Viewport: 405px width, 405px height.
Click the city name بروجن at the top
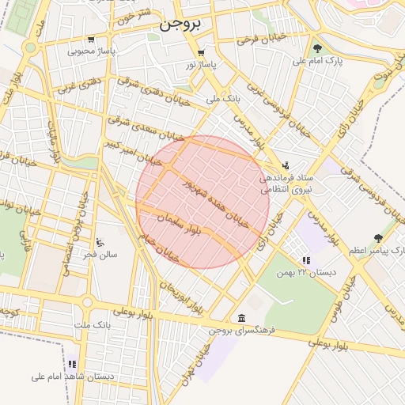tap(180, 24)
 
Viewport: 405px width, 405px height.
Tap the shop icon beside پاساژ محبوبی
tap(91, 39)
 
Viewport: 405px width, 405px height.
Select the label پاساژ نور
tap(200, 64)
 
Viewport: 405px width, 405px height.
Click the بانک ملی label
tap(222, 100)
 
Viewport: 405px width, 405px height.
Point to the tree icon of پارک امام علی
tap(317, 48)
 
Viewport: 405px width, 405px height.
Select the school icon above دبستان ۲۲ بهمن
tap(305, 260)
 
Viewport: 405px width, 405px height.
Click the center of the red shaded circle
tap(202, 202)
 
